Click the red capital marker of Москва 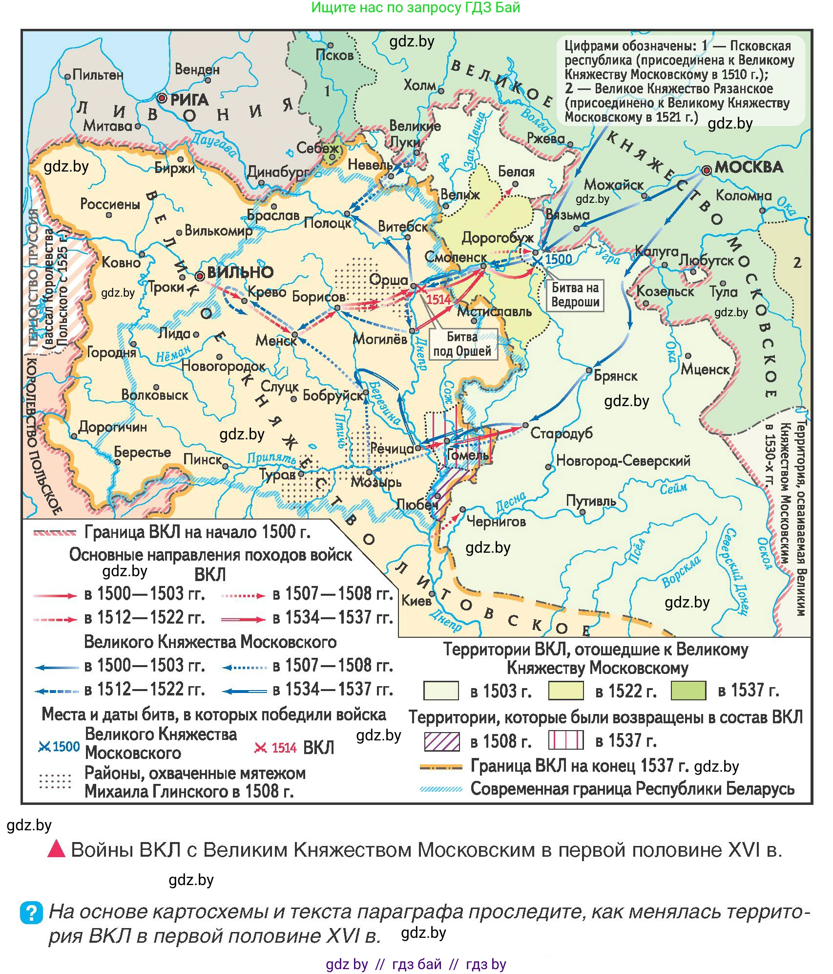706,170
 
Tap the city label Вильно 240,272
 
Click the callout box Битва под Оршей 462,344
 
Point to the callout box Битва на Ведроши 575,295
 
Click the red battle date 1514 438,300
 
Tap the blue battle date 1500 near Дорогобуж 558,259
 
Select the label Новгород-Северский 623,460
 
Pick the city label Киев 416,600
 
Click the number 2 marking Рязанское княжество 797,263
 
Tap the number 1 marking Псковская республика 327,91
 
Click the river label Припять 271,458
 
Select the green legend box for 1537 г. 688,691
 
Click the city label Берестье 142,452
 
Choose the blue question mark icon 31,912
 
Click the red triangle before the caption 56,849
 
